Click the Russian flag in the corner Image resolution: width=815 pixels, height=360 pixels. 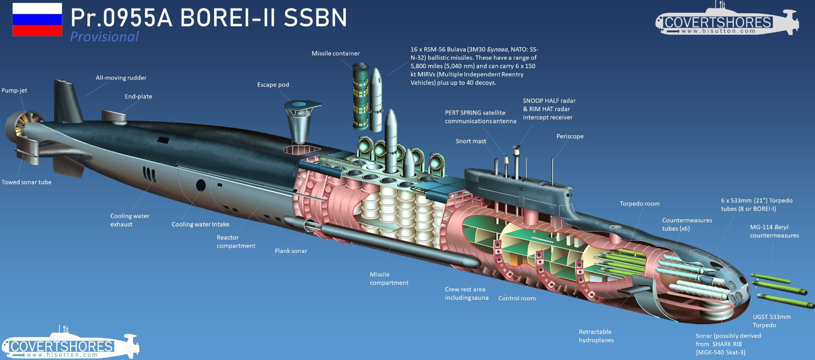point(37,20)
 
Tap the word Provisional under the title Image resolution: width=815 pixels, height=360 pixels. point(104,37)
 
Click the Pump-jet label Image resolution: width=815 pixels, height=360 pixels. point(15,90)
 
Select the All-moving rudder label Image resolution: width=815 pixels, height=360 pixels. point(121,78)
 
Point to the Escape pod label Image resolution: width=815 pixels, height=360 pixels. point(273,85)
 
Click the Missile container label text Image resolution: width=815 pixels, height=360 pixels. point(336,53)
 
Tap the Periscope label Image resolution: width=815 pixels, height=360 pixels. point(570,136)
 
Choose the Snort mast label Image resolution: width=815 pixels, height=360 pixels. point(471,141)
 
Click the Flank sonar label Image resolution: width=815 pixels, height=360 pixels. point(291,251)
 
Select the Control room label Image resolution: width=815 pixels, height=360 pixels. point(517,298)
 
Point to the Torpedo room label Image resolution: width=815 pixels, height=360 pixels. point(639,204)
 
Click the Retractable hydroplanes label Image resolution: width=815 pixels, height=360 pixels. point(596,336)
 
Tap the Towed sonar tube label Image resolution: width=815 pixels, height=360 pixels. point(26,182)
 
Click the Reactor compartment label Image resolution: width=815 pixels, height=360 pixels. point(236,241)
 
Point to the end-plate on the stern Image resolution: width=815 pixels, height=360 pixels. point(113,116)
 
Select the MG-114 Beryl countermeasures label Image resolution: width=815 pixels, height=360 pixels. point(774,231)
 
